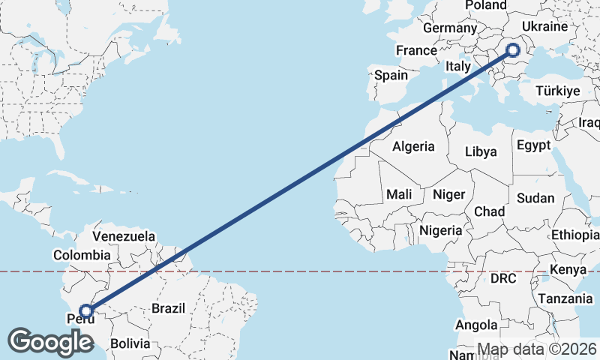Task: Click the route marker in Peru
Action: (x=86, y=310)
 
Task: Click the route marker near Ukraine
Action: (x=513, y=50)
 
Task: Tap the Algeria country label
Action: (x=413, y=146)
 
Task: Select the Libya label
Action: (x=481, y=151)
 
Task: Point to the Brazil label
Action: (x=168, y=307)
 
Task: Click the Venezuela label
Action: (x=123, y=236)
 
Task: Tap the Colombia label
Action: (x=82, y=255)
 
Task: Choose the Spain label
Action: (x=391, y=75)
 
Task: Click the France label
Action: (x=416, y=50)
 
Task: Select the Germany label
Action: (x=450, y=28)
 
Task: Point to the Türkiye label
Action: (x=558, y=91)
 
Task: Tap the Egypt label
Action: (x=533, y=145)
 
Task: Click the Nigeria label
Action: (x=441, y=230)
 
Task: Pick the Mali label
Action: (x=399, y=194)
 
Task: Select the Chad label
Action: (x=489, y=211)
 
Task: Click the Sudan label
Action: (x=535, y=199)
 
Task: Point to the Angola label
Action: (x=476, y=325)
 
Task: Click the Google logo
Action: (x=50, y=342)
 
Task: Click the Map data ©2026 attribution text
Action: (x=537, y=349)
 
